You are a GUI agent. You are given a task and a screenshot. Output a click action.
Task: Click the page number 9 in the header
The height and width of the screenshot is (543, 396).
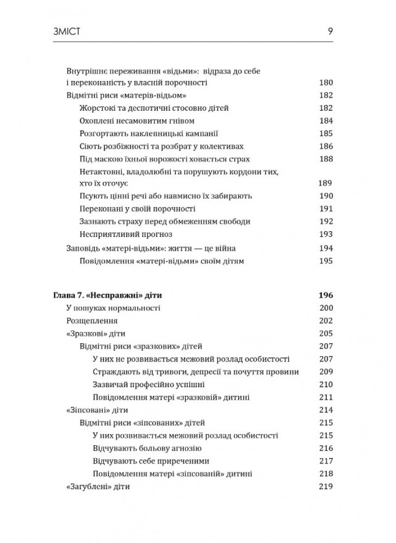pos(330,32)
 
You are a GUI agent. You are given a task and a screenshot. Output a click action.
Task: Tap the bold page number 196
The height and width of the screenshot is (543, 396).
pos(324,296)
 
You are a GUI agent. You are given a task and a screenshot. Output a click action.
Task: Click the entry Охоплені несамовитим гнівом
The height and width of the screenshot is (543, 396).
pos(137,121)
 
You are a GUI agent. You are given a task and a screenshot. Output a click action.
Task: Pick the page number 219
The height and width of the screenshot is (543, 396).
pos(325,487)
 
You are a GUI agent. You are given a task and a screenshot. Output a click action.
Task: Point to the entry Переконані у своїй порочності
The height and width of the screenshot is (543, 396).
pos(137,209)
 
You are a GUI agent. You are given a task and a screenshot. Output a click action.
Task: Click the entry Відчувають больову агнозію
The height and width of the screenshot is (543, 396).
pos(147,449)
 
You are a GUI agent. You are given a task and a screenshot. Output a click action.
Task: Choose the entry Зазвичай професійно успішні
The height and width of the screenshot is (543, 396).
pos(148,384)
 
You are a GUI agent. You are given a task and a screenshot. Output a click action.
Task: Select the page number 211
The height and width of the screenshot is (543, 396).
pos(325,397)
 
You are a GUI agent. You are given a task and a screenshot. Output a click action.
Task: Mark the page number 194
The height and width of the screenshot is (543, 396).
pos(325,248)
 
